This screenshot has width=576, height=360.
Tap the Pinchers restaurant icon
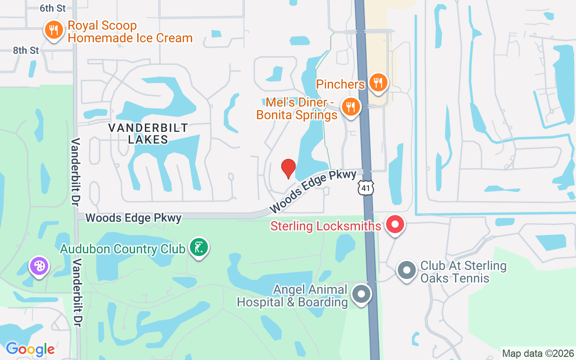(x=378, y=82)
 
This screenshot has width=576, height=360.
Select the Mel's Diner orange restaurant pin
(x=351, y=107)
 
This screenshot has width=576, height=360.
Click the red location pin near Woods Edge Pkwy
(x=288, y=168)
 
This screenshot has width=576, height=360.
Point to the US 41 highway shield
(x=366, y=188)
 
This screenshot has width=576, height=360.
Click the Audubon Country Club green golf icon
(x=198, y=247)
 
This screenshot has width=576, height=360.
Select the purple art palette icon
(x=39, y=265)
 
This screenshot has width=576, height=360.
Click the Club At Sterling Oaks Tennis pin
(x=407, y=270)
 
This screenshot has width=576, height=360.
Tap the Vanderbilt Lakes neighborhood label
(x=148, y=134)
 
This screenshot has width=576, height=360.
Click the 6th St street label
(x=52, y=8)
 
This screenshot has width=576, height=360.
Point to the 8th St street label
(x=26, y=50)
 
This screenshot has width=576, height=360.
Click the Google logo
(x=30, y=349)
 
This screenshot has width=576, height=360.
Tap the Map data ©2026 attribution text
(x=538, y=353)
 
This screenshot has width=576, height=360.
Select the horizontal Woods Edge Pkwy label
(x=133, y=218)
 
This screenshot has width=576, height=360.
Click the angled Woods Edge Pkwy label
(x=313, y=191)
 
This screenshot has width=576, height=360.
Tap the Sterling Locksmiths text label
(x=326, y=225)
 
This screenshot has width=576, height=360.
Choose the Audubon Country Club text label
(x=123, y=249)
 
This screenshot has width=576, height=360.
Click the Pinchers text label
(x=340, y=84)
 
